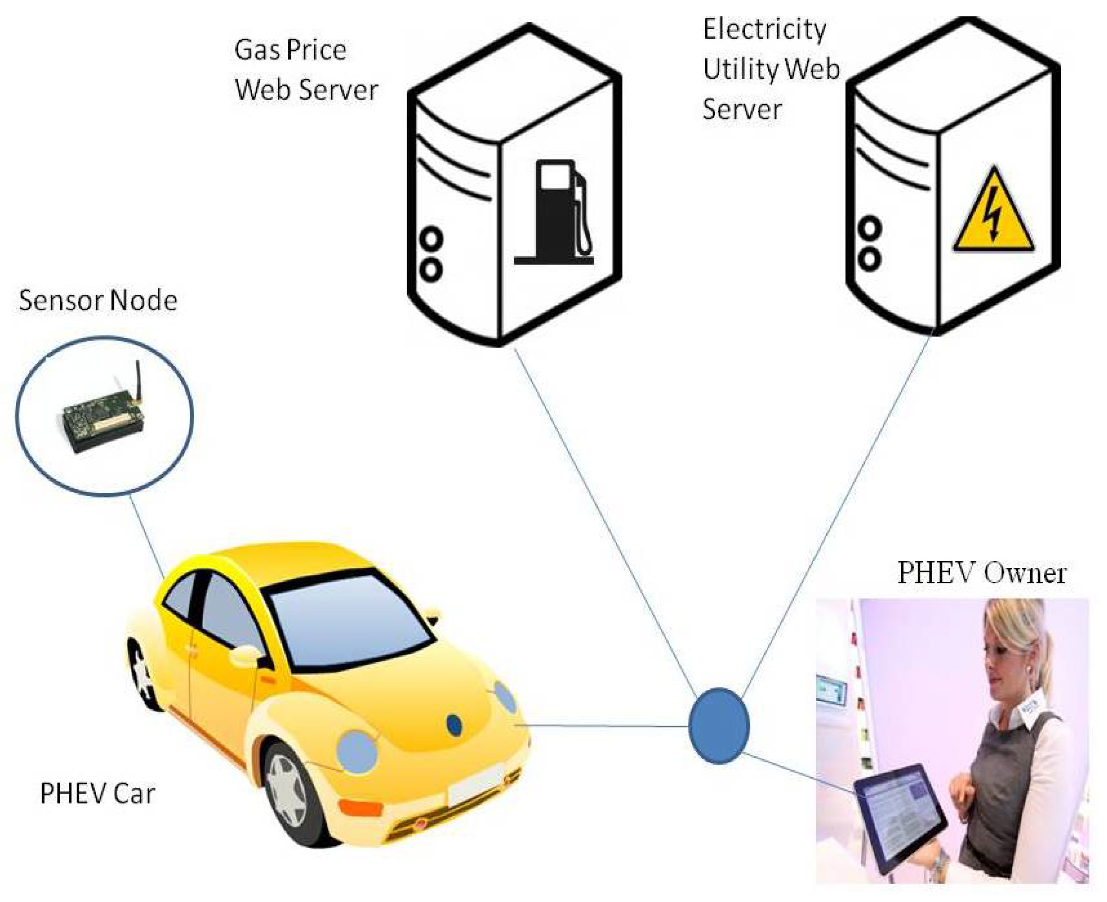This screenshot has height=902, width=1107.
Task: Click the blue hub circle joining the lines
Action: pos(719,726)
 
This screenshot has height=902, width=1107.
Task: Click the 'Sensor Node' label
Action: pos(98,301)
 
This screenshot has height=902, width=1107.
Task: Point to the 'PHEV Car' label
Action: pos(98,793)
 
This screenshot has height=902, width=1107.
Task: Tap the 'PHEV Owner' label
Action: pos(981,573)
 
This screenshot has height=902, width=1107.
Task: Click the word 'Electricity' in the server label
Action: pos(764,29)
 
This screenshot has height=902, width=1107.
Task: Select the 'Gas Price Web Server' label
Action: pos(306,69)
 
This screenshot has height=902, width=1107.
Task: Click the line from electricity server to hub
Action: pos(836,514)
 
